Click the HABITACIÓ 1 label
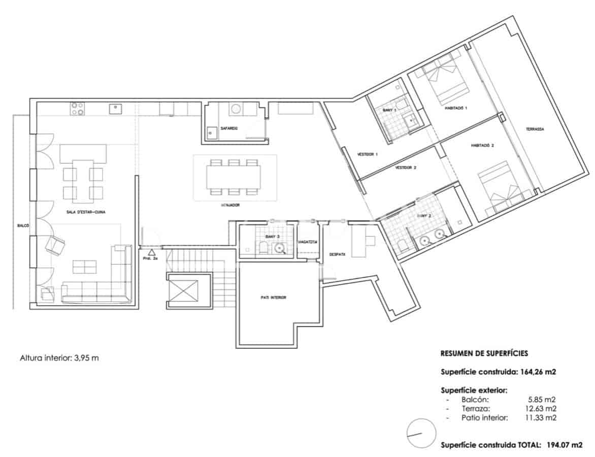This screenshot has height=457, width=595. tap(455, 108)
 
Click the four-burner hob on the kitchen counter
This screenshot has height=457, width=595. tap(78, 109)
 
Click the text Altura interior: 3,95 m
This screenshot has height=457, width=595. tap(59, 357)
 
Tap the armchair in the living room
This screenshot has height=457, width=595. tap(55, 245)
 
